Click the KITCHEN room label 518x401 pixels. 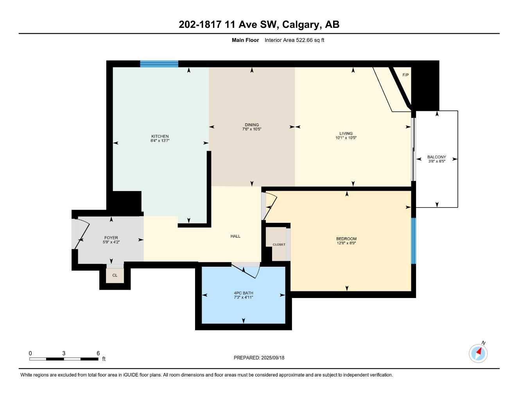point(160,136)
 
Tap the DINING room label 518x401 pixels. point(252,125)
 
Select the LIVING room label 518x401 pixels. point(346,134)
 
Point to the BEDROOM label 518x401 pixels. point(346,239)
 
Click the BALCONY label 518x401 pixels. point(437,157)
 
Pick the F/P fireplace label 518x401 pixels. point(405,75)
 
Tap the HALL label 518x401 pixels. point(235,236)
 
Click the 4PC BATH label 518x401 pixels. point(244,293)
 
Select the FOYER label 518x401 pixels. point(111,238)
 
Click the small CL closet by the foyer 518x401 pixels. point(115,275)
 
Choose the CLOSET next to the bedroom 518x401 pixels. point(279,244)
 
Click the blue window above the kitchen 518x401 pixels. point(159,64)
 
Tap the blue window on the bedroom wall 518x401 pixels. point(413,241)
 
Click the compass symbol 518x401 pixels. point(478,353)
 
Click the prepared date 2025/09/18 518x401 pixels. point(273,358)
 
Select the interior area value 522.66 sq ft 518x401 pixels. point(294,40)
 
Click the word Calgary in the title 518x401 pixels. point(301,25)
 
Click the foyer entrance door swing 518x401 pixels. point(82,233)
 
